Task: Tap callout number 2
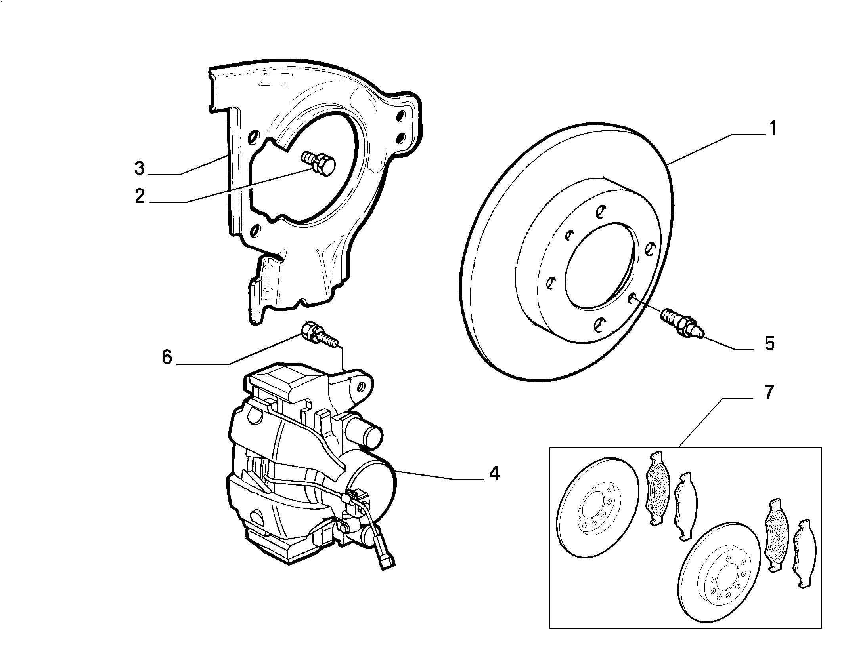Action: [x=140, y=196]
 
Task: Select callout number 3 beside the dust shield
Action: [x=140, y=169]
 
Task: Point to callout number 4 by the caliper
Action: [x=494, y=473]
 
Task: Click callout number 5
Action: [x=769, y=343]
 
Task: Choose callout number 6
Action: [x=167, y=357]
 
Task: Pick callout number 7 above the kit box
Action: [x=768, y=392]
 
